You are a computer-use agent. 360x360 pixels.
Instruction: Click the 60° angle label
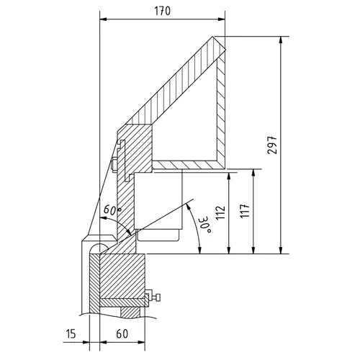(114, 210)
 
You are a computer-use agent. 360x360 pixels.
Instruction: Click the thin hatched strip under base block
(122, 300)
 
